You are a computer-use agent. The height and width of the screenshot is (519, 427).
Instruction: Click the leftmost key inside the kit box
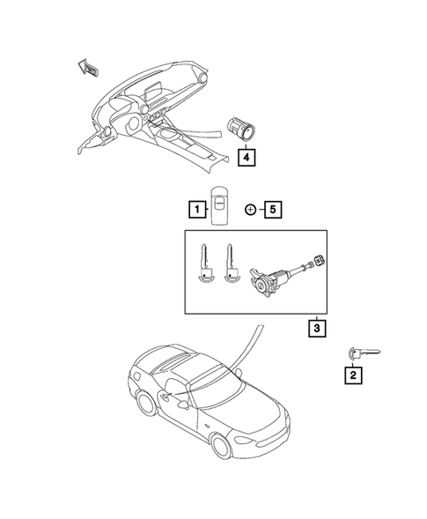[204, 265]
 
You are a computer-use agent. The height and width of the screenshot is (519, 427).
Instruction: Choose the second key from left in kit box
[232, 265]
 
